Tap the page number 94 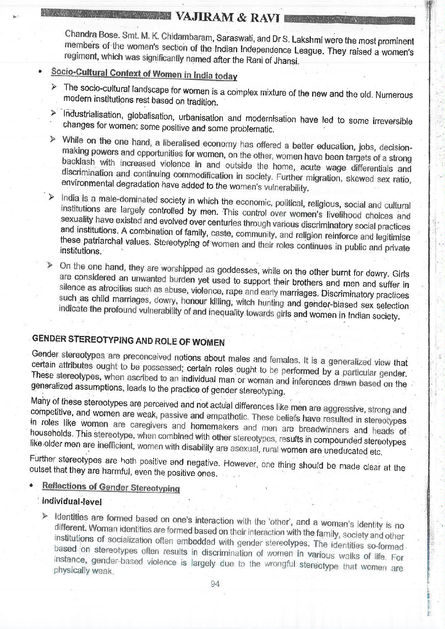[x=215, y=584]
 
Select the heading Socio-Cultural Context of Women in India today [x=144, y=74]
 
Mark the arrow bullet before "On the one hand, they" [x=50, y=265]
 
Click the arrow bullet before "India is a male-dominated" [x=50, y=197]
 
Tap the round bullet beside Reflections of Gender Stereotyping [x=31, y=485]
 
